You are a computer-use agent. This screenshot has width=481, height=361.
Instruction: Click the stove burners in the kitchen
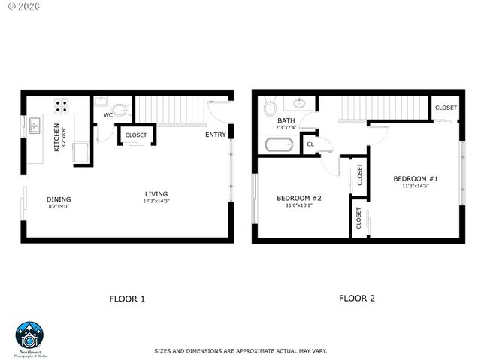(x=62, y=105)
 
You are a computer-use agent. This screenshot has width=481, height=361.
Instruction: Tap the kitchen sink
(x=35, y=125)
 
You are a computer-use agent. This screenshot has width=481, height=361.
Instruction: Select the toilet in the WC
(x=123, y=110)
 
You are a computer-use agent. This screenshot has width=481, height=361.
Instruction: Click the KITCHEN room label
(x=56, y=138)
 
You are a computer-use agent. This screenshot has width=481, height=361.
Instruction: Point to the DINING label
(x=59, y=199)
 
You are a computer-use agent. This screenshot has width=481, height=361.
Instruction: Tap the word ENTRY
(x=216, y=135)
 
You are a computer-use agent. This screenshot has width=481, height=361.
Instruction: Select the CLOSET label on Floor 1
(x=136, y=135)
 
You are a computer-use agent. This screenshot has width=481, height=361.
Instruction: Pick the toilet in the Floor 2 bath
(x=270, y=108)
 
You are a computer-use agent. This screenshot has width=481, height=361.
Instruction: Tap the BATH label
(x=286, y=120)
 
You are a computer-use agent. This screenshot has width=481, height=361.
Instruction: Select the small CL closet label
(x=310, y=144)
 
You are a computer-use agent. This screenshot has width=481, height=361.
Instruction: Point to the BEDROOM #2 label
(x=298, y=198)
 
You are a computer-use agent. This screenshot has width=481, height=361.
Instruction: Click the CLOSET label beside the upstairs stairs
(x=446, y=108)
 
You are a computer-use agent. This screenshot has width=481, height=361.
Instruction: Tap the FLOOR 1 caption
(x=127, y=299)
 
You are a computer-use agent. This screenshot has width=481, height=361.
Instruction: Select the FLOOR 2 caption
(x=356, y=298)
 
